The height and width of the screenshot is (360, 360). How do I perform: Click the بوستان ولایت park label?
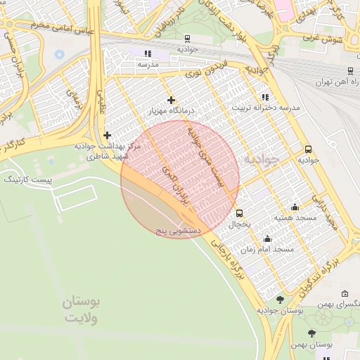point(82,309)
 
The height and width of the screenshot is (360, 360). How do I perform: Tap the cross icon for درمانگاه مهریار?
point(170,101)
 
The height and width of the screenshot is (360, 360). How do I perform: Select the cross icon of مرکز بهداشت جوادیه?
point(107,135)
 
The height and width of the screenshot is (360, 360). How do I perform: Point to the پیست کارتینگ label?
point(29,180)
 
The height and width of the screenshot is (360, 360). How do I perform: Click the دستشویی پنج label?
point(179,231)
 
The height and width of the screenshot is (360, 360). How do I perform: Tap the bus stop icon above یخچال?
point(240,213)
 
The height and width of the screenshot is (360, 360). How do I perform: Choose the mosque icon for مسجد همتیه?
point(295,207)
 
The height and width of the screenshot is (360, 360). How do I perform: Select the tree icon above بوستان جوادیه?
point(280,300)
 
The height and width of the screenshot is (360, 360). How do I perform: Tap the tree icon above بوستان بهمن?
point(312,333)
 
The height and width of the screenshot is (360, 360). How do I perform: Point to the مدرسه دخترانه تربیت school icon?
point(264,97)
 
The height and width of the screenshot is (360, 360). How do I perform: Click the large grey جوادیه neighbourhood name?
point(261,160)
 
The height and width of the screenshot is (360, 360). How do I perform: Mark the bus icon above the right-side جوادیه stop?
point(308,149)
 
